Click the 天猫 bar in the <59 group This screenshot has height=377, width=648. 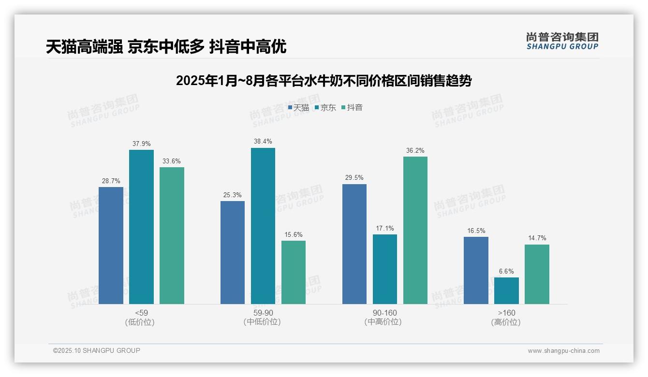111,246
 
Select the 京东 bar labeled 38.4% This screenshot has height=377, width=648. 263,226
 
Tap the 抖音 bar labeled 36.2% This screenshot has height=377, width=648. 415,230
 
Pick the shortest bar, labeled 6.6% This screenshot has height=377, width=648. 506,290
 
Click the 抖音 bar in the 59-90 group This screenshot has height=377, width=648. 294,272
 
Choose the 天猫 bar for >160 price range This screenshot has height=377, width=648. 476,270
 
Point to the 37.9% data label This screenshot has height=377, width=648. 141,144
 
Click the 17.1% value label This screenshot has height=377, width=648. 385,228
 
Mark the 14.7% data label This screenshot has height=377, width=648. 537,238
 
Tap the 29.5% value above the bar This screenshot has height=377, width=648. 354,178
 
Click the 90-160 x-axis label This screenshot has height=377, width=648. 385,313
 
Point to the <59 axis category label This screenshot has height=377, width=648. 141,313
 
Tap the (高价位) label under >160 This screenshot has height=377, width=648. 506,322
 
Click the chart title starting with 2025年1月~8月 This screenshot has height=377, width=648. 324,81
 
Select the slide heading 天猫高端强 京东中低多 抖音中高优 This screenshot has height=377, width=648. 166,47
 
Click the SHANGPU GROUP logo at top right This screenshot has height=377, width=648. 562,41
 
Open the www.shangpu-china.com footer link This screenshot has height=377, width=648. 563,351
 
